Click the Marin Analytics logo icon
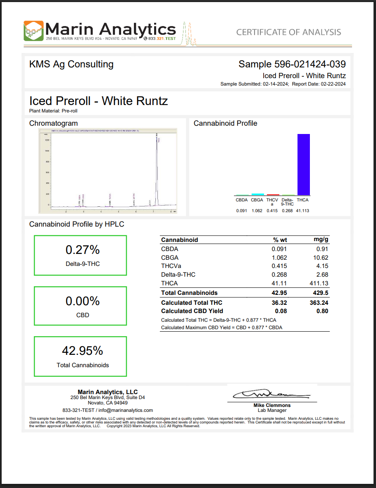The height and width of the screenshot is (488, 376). (33, 31)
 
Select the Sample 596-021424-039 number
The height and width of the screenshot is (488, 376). (292, 64)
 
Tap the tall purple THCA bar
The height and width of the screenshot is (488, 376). (304, 164)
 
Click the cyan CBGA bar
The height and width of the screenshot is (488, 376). (257, 194)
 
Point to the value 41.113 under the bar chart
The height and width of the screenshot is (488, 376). (302, 211)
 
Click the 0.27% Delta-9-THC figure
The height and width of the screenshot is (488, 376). (83, 250)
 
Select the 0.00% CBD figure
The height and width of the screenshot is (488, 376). (83, 301)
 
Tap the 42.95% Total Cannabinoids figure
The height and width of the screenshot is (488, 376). (82, 351)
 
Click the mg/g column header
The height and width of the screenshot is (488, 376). (321, 240)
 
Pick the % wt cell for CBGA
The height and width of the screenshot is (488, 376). (279, 258)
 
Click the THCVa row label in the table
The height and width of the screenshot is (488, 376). (170, 266)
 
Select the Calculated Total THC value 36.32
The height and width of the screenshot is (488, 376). (279, 303)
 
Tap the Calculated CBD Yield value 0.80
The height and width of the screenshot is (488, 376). (322, 311)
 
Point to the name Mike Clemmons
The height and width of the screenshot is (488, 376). (272, 405)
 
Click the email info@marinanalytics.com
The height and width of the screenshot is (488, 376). (127, 410)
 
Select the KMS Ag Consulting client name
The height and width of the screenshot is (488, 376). (71, 64)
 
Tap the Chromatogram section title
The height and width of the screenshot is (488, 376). (53, 123)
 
